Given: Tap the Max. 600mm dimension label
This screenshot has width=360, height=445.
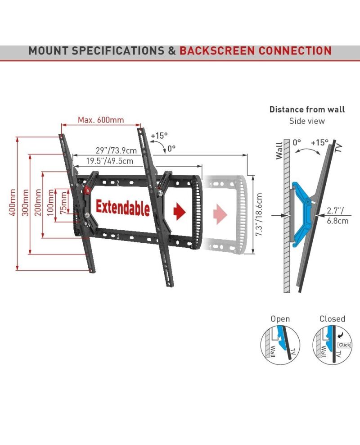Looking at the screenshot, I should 101,120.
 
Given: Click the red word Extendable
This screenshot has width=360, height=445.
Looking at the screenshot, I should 122,208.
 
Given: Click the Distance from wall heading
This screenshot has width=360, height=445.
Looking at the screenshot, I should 307,109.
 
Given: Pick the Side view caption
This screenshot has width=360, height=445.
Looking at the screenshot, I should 306,121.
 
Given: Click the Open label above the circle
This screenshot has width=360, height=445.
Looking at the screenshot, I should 280,319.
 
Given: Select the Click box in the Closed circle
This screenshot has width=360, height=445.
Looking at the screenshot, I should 344,345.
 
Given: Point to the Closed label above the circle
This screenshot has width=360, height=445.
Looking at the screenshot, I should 332,319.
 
